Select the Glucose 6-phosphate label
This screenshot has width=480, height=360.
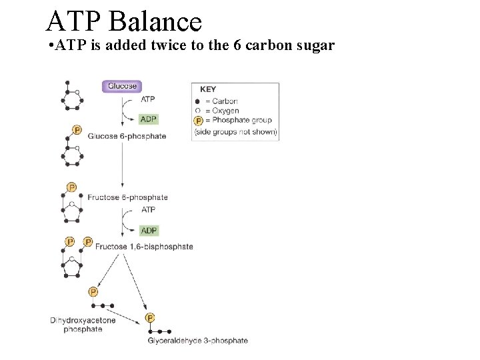click(127, 136)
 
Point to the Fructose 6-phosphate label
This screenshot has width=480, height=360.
click(127, 197)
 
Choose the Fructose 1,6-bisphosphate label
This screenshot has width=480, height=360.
click(144, 247)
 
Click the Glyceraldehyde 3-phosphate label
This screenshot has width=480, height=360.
click(197, 341)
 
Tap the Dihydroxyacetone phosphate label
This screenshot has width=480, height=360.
click(83, 325)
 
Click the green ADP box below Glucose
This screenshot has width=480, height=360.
click(149, 119)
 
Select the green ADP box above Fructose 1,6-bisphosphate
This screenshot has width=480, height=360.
click(149, 231)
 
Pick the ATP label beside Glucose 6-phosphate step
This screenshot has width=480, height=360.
click(148, 99)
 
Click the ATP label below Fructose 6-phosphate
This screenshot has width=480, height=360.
click(149, 209)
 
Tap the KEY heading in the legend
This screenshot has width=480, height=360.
click(209, 89)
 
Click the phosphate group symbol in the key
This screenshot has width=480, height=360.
click(198, 121)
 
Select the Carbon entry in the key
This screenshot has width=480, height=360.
click(225, 101)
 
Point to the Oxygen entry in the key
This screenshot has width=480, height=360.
click(225, 111)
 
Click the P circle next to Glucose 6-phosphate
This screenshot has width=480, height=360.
click(77, 130)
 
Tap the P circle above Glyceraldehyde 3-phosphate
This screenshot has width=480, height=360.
click(150, 318)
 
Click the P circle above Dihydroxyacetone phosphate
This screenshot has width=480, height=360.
click(93, 292)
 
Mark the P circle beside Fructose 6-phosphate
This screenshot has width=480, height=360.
click(71, 187)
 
